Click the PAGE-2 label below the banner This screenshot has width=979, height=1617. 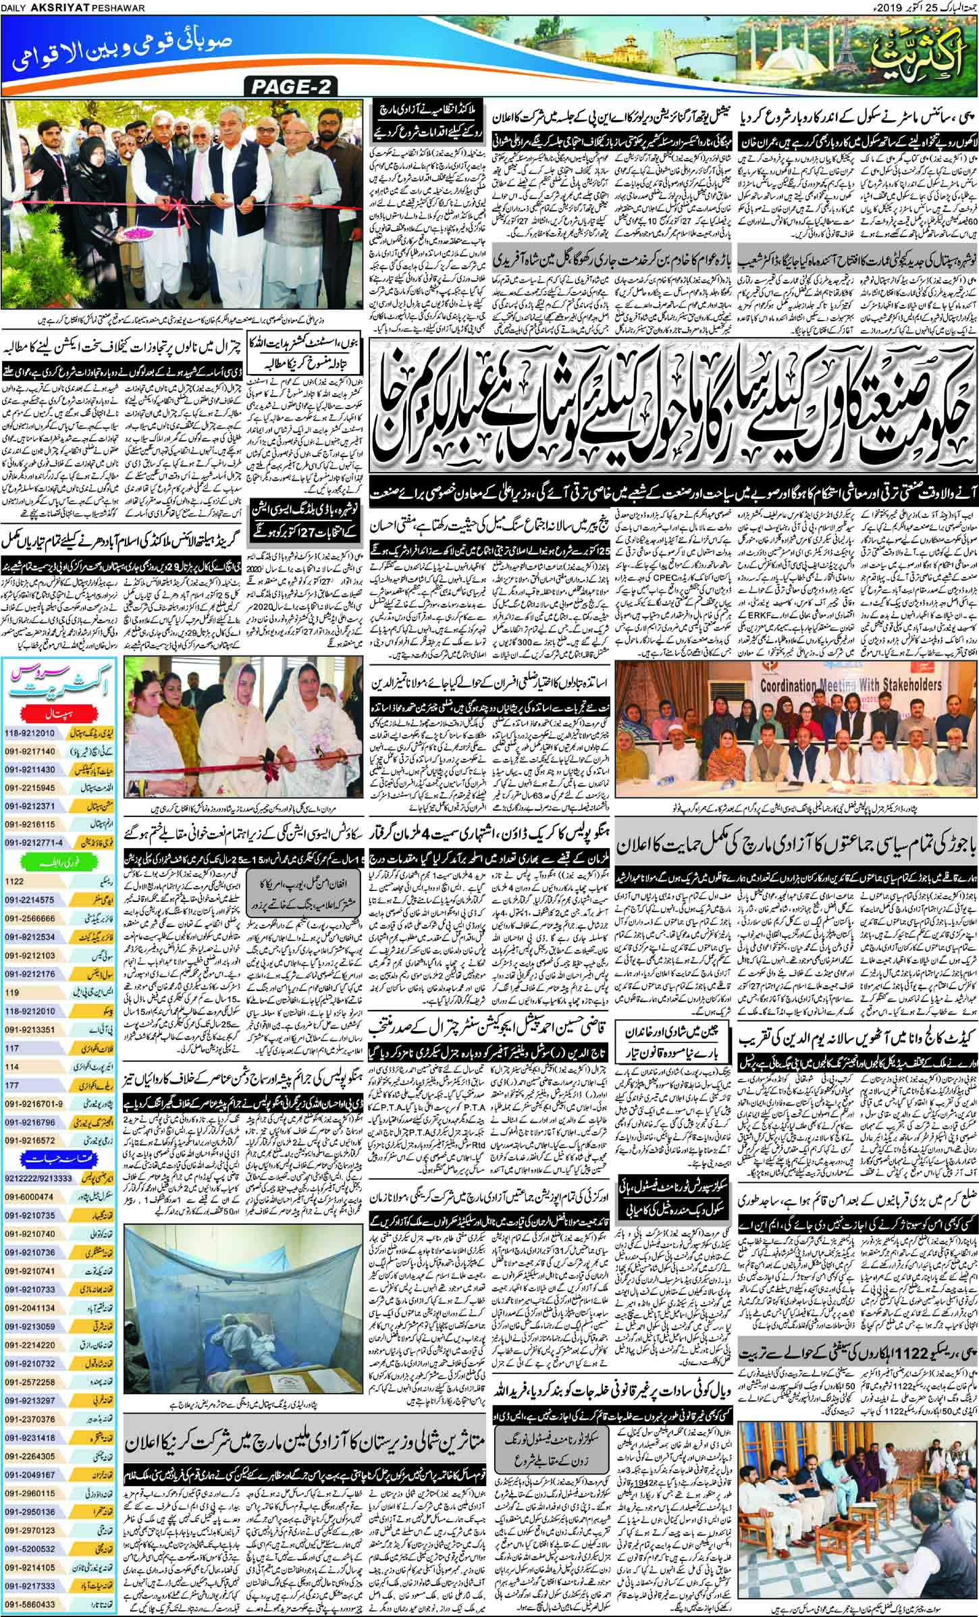point(292,86)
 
